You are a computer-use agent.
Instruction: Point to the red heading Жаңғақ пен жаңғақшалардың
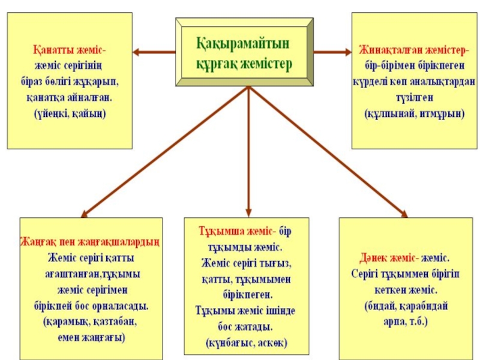tap(91, 243)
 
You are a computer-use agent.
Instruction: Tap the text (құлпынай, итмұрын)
tap(415, 113)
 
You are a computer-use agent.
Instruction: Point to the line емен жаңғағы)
tap(91, 337)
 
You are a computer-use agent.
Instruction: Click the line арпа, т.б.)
tap(406, 321)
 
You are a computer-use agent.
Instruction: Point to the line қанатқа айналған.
tap(69, 97)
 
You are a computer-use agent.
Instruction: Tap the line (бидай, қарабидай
tap(406, 306)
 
